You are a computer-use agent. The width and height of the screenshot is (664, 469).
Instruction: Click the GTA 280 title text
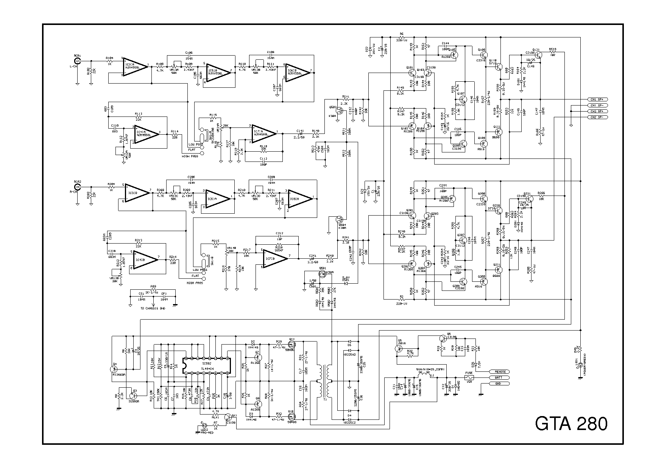click(571, 424)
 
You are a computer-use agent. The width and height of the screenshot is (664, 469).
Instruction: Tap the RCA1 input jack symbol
click(77, 61)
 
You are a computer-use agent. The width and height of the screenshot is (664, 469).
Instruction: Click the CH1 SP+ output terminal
click(597, 99)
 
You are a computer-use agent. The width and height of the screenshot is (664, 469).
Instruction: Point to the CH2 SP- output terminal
click(597, 117)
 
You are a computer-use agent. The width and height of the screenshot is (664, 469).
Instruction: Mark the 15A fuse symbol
click(469, 377)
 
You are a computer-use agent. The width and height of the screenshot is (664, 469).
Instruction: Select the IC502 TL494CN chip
click(206, 366)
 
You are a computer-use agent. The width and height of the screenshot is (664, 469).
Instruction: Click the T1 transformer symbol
click(326, 382)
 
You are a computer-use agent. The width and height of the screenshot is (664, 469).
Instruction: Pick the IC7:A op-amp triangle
click(263, 133)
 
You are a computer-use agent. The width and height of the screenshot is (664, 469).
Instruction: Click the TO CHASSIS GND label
click(153, 309)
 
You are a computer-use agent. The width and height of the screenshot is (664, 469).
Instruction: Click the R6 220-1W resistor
click(402, 37)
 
